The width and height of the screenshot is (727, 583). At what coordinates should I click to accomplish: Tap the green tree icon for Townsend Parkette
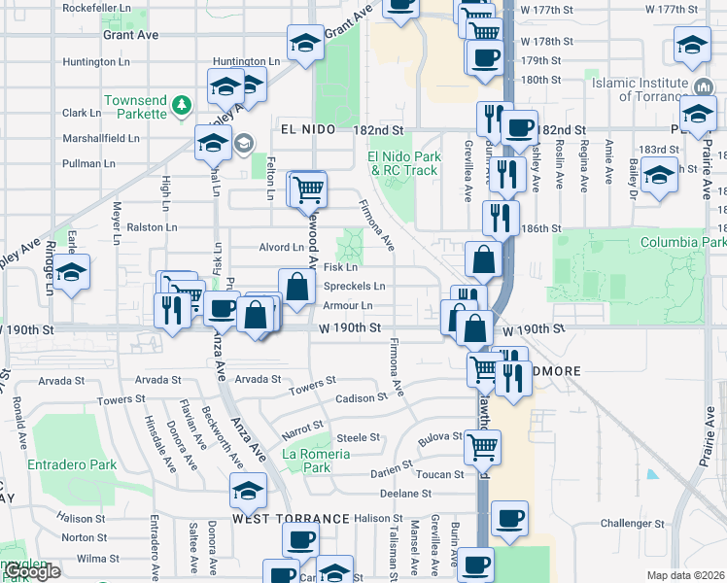click(180, 104)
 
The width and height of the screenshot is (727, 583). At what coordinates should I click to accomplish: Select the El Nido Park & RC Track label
click(403, 163)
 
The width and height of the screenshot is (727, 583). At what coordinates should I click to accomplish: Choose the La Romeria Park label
click(305, 461)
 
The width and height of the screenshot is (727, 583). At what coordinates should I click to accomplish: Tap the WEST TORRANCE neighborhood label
click(291, 519)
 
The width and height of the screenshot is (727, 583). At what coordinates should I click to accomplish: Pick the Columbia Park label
click(683, 241)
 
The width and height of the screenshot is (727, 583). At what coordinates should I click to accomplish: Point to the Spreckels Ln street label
click(354, 287)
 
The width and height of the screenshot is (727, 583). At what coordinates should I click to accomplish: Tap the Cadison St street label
click(362, 398)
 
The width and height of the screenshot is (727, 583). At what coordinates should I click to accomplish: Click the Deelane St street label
click(404, 494)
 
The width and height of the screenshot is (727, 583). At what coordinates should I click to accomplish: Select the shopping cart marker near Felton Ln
click(309, 188)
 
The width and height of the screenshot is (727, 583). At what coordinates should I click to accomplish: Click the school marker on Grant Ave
click(304, 44)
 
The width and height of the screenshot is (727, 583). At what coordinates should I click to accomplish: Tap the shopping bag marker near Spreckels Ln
click(297, 286)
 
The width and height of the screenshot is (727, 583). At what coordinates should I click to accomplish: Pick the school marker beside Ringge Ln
click(71, 272)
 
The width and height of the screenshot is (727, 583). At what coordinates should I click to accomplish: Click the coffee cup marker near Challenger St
click(509, 518)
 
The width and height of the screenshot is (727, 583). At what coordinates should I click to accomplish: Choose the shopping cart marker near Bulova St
click(483, 446)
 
